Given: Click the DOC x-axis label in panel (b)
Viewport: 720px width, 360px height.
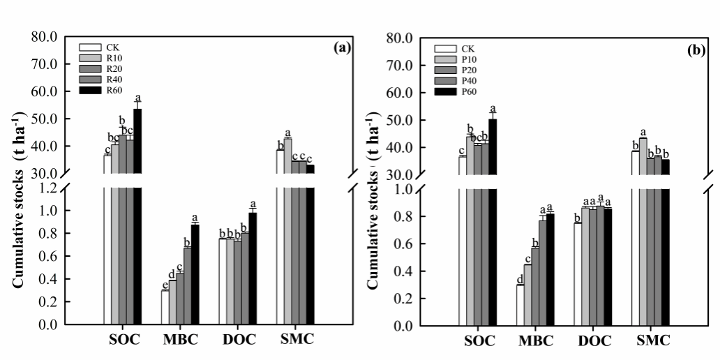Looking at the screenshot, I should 594,341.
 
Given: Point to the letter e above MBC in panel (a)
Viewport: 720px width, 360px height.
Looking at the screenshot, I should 165,285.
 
